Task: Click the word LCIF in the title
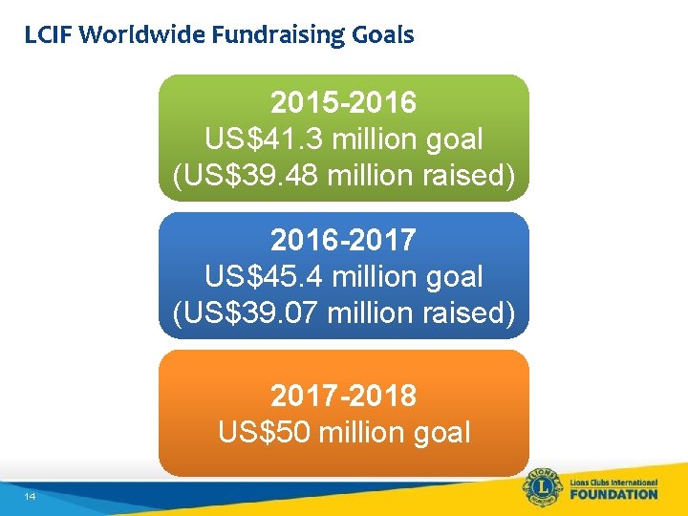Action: click(49, 36)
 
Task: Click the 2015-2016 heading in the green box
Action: click(344, 101)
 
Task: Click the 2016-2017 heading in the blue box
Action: click(344, 240)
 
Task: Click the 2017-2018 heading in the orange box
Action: click(344, 395)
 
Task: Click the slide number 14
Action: click(31, 497)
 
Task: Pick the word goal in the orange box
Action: click(439, 432)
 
